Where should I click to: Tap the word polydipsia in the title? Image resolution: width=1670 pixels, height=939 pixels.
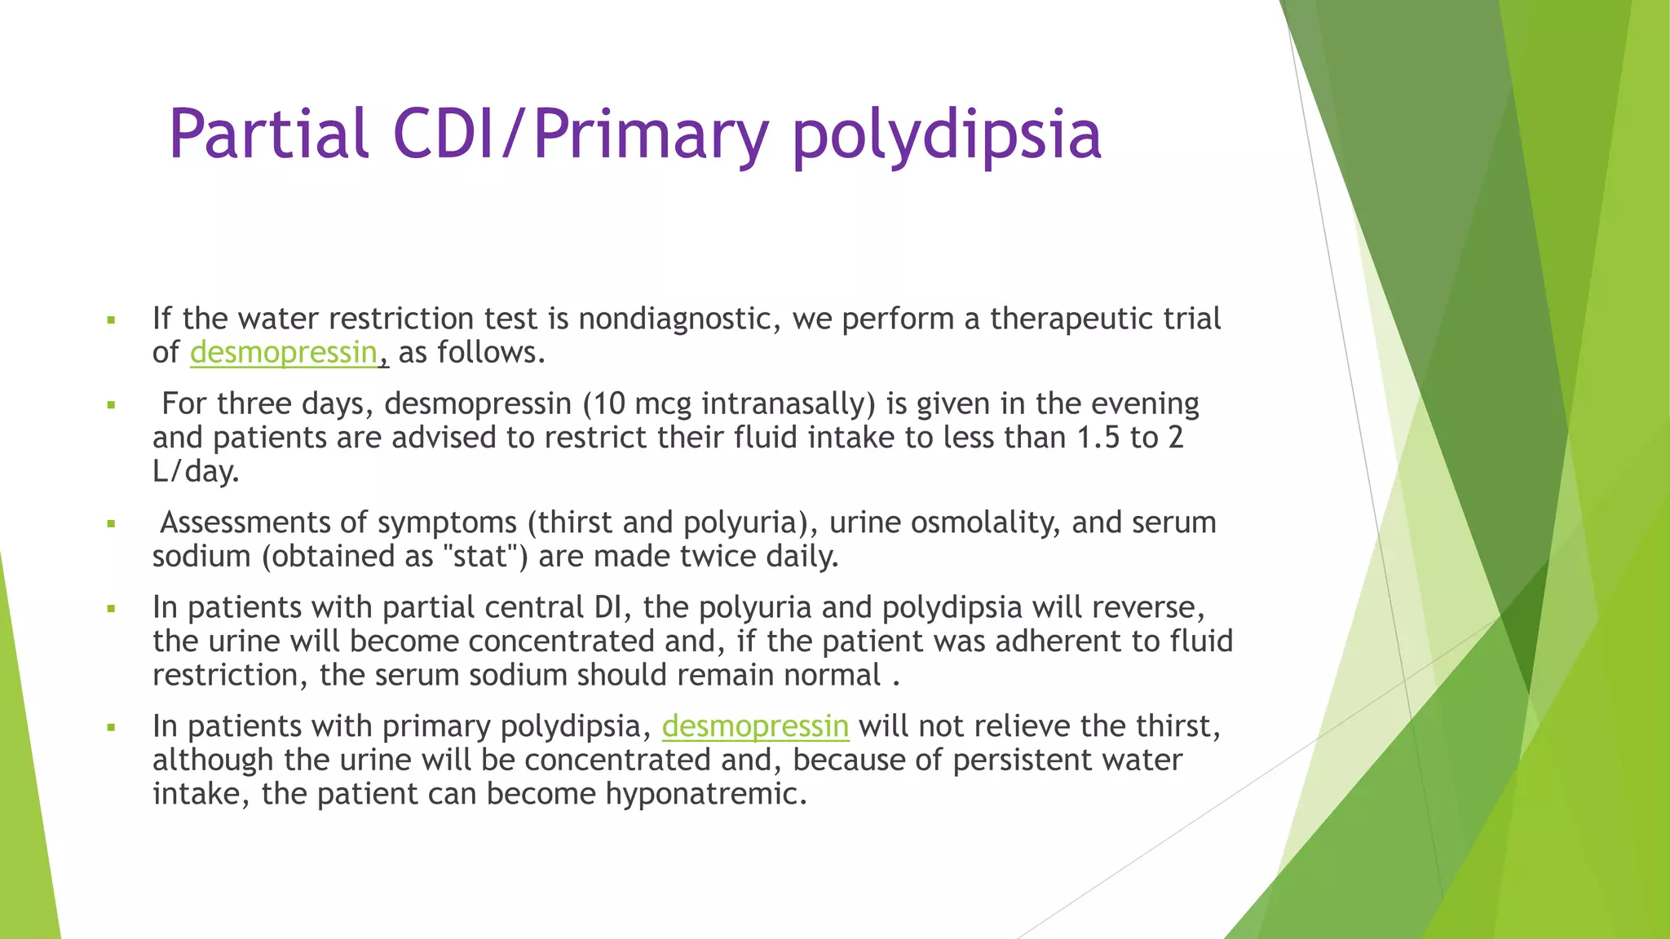pos(947,134)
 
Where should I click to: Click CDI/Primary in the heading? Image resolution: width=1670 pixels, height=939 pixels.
pos(581,134)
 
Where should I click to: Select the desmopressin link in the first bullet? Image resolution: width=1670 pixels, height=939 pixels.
pos(284,353)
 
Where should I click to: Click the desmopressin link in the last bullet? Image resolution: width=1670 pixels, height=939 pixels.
pos(755,726)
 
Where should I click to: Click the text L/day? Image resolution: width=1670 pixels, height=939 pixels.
pos(196,472)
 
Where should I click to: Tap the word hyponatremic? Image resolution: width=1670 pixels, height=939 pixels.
pos(705,794)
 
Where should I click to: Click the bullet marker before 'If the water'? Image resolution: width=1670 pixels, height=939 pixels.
pos(112,320)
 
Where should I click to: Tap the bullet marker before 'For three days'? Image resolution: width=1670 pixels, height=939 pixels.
pos(112,405)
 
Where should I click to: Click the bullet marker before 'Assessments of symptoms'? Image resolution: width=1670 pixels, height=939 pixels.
pos(112,524)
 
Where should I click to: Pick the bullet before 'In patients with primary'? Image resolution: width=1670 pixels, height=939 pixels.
pos(112,727)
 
